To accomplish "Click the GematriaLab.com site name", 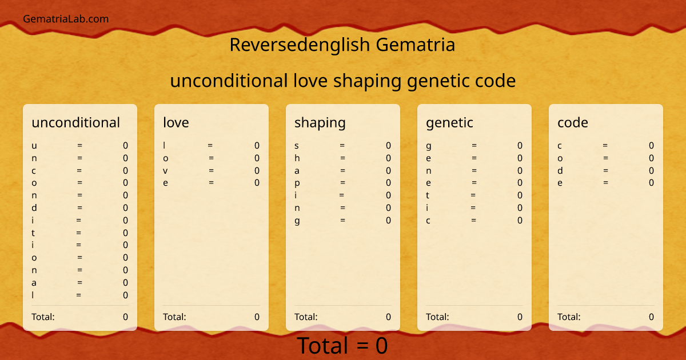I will pyautogui.click(x=66, y=19).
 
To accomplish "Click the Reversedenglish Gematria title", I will pyautogui.click(x=342, y=45).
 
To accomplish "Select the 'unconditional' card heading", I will pyautogui.click(x=75, y=122).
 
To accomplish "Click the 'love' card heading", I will pyautogui.click(x=176, y=122).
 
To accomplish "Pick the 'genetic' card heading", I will pyautogui.click(x=449, y=122).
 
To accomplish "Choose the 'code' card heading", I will pyautogui.click(x=572, y=122).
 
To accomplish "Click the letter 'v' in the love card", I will pyautogui.click(x=165, y=170).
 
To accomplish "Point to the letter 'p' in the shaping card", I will pyautogui.click(x=297, y=183).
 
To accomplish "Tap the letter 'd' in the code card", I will pyautogui.click(x=560, y=170).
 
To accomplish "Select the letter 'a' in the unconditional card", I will pyautogui.click(x=34, y=282).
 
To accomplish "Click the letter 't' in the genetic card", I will pyautogui.click(x=428, y=195).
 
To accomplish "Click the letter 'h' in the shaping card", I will pyautogui.click(x=297, y=158).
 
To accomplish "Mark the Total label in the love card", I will pyautogui.click(x=174, y=317).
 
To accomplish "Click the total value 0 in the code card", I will pyautogui.click(x=651, y=317).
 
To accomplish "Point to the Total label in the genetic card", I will pyautogui.click(x=437, y=317).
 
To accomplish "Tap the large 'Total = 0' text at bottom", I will pyautogui.click(x=342, y=346).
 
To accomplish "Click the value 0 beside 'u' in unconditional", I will pyautogui.click(x=125, y=146).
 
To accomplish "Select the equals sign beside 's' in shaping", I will pyautogui.click(x=342, y=146).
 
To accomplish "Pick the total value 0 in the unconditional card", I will pyautogui.click(x=125, y=317).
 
